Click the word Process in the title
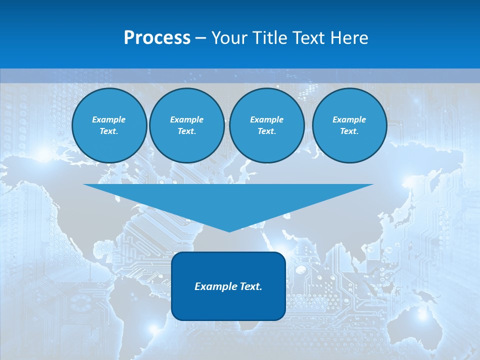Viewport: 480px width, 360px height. pyautogui.click(x=157, y=38)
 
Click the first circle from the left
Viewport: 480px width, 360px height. pyautogui.click(x=109, y=125)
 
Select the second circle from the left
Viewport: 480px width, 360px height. pyautogui.click(x=187, y=125)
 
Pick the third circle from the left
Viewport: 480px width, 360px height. pyautogui.click(x=267, y=125)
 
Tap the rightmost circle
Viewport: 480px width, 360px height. pyautogui.click(x=349, y=125)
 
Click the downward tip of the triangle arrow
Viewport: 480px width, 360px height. pyautogui.click(x=229, y=231)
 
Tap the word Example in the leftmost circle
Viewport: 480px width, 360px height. pyautogui.click(x=109, y=119)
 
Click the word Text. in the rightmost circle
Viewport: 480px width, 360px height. pyautogui.click(x=349, y=131)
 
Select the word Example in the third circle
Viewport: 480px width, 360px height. pyautogui.click(x=267, y=119)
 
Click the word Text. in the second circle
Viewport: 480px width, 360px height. pyautogui.click(x=187, y=131)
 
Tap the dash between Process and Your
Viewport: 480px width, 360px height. pyautogui.click(x=200, y=38)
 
